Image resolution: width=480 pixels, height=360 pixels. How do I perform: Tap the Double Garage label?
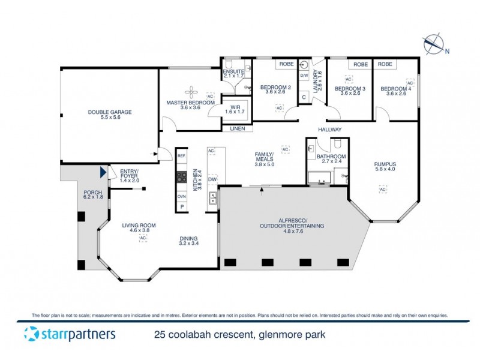pyautogui.click(x=109, y=112)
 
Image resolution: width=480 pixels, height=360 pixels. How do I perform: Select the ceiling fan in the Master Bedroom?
pyautogui.click(x=191, y=91)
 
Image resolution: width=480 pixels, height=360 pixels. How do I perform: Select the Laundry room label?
pyautogui.click(x=317, y=80)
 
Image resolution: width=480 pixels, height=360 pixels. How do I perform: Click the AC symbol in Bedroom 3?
pyautogui.click(x=348, y=79)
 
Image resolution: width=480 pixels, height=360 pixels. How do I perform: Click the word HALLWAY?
pyautogui.click(x=330, y=130)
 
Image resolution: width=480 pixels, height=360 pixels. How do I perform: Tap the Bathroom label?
pyautogui.click(x=324, y=157)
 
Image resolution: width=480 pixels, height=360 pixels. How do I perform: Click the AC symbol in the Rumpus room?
pyautogui.click(x=382, y=190)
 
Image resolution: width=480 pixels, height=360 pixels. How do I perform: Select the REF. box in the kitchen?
pyautogui.click(x=182, y=156)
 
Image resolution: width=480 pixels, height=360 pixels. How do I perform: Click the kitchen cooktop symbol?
pyautogui.click(x=182, y=177)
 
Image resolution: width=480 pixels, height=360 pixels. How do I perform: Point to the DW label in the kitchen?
pyautogui.click(x=212, y=179)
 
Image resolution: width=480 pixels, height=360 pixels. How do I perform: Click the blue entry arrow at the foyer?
pyautogui.click(x=103, y=173)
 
